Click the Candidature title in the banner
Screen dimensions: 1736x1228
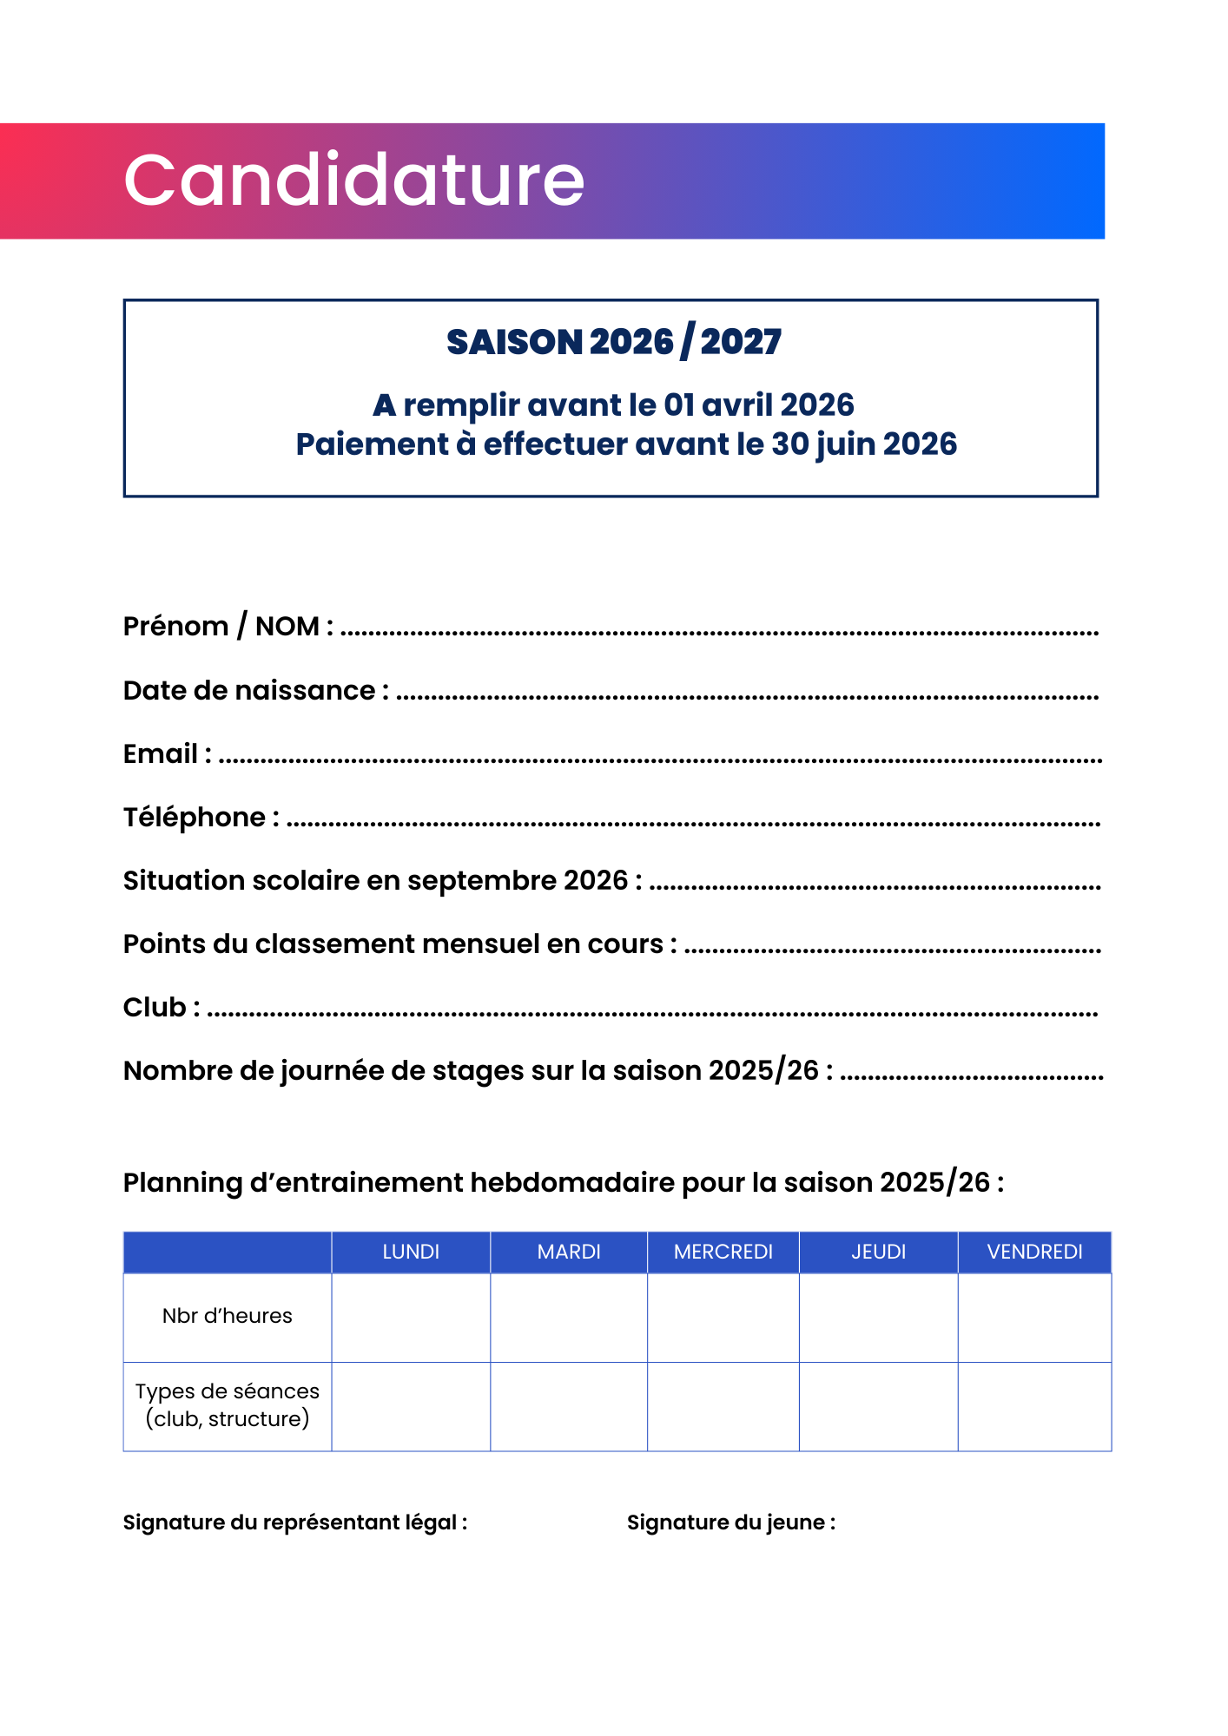(353, 180)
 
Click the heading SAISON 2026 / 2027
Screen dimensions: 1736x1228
(613, 342)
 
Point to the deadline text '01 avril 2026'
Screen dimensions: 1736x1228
(759, 405)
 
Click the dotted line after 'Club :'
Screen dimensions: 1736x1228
(651, 1013)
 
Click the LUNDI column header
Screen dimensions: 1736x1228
(411, 1252)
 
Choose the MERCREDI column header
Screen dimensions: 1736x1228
(723, 1252)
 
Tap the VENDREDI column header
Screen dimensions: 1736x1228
(1034, 1252)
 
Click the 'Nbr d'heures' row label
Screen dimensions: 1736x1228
(228, 1316)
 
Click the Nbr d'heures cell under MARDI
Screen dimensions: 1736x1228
(569, 1317)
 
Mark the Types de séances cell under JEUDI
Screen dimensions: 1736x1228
(878, 1406)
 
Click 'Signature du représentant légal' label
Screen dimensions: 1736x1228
(295, 1522)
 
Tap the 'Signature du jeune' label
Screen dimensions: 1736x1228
(731, 1522)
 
